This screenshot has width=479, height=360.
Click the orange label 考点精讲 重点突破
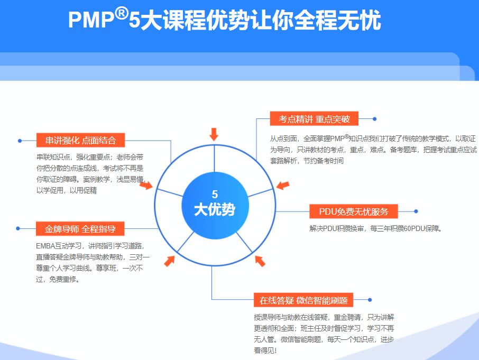pos(314,119)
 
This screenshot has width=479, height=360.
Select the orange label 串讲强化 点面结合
pos(80,140)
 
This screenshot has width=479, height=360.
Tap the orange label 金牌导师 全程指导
pos(80,229)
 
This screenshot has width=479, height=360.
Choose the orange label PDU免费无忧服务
pos(353,211)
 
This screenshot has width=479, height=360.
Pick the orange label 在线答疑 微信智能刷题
pos(303,300)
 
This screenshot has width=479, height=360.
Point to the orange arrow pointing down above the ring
pos(214,134)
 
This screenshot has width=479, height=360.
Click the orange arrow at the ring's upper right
pos(283,186)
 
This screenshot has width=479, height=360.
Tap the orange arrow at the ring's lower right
pos(260,261)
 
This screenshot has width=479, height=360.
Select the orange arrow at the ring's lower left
pos(169,261)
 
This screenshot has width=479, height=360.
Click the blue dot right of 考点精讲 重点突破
pos(375,119)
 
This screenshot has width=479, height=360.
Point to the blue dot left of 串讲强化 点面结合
pos(20,141)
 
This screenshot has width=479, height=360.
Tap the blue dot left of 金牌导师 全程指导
pos(18,229)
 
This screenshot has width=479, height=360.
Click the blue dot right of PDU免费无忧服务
pos(416,211)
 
